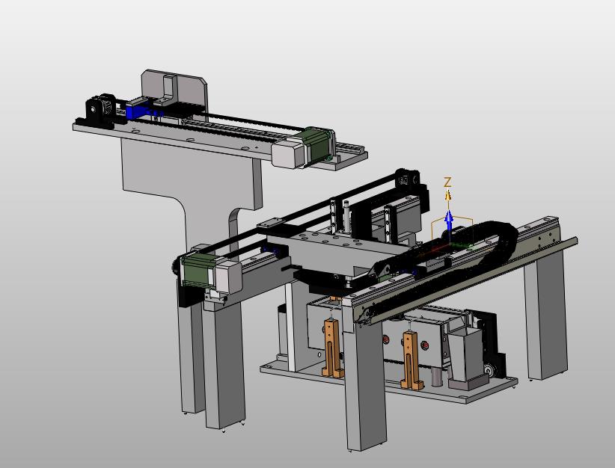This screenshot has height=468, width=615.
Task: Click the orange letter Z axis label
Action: click(x=447, y=182)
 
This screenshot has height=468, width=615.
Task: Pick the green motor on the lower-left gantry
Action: click(x=196, y=271)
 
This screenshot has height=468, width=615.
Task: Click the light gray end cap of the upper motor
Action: click(x=287, y=155)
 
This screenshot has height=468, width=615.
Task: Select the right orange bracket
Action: click(x=411, y=360)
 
